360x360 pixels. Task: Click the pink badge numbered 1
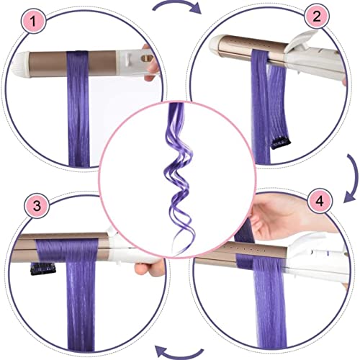34,21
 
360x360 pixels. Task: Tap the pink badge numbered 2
317,17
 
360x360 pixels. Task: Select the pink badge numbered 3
37,205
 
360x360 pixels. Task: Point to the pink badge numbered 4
320,201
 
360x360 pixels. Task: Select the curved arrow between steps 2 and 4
355,178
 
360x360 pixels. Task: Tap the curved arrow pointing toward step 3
179,355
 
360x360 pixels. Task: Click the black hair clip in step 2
281,143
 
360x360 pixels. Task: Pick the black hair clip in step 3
43,269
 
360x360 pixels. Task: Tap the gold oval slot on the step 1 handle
148,58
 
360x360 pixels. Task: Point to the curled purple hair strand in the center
179,178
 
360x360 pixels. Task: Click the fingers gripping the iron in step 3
149,269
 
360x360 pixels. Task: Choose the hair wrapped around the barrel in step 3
67,250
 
